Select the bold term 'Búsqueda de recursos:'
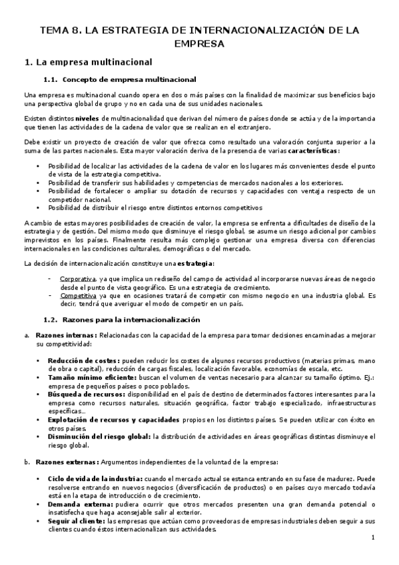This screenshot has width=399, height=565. tap(85, 393)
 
